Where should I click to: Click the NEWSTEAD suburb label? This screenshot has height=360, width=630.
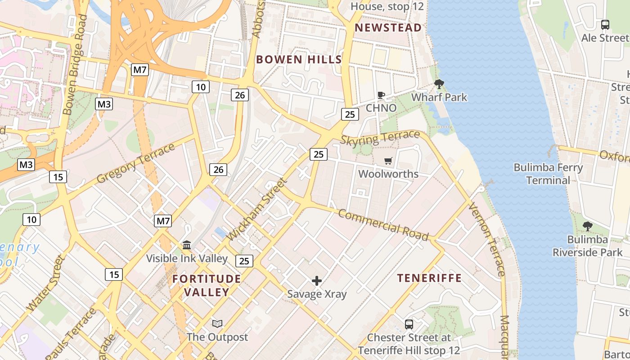[388, 28]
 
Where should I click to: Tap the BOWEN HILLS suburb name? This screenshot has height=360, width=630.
[299, 59]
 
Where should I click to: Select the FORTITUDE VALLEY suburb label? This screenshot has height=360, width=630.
[207, 285]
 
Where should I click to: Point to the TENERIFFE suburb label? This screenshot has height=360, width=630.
[429, 278]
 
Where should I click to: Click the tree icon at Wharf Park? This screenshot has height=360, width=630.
[439, 84]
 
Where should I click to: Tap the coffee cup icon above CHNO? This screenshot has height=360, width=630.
[381, 95]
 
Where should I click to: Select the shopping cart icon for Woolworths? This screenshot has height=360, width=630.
[388, 161]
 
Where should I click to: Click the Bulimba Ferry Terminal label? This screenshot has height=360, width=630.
[548, 174]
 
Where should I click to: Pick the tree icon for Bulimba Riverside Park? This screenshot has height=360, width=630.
[587, 226]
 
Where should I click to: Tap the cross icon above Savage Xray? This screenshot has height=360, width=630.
[317, 281]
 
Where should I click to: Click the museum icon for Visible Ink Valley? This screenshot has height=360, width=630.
[187, 245]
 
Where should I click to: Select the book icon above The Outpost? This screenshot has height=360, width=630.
[217, 324]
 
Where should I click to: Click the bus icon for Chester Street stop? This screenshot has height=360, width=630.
[409, 324]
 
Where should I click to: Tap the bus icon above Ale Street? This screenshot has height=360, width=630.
[605, 25]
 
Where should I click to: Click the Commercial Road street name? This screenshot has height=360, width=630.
[383, 225]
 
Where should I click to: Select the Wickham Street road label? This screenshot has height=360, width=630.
[257, 209]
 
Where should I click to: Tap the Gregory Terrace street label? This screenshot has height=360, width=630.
[135, 164]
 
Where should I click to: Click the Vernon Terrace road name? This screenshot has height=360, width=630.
[487, 240]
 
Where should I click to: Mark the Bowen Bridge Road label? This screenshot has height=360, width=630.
[75, 64]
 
